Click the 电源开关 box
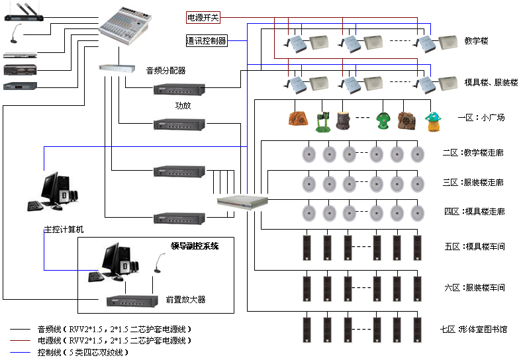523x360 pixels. point(203,18)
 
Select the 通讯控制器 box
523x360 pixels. point(207,40)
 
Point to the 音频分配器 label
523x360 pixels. point(166,69)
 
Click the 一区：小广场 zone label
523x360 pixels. point(481,117)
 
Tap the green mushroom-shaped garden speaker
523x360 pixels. point(382,120)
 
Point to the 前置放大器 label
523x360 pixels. point(185,300)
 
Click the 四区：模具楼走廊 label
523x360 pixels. point(473,212)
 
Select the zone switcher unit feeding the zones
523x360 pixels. point(243,202)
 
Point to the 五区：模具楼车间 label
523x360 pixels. point(475,246)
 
